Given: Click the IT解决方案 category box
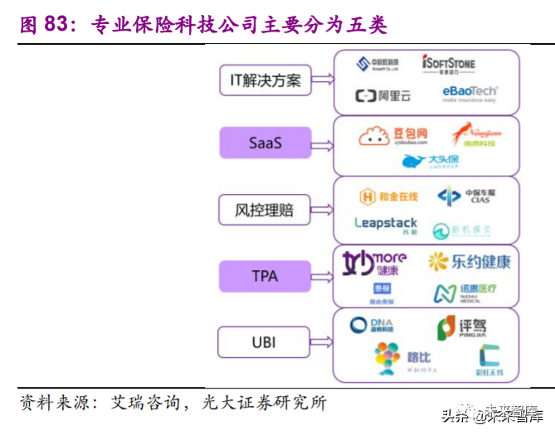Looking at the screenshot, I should tap(265, 80).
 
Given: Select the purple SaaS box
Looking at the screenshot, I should tap(265, 143).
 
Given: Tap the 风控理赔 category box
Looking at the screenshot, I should tap(265, 210).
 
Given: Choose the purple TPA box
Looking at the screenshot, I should tap(265, 275).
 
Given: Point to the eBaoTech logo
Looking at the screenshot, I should tap(470, 94).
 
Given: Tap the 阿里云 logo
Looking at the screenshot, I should tap(383, 96).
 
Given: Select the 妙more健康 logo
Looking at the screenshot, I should tap(375, 263).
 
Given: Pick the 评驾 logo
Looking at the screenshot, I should tap(461, 328).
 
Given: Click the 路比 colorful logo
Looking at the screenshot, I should tap(402, 358).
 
